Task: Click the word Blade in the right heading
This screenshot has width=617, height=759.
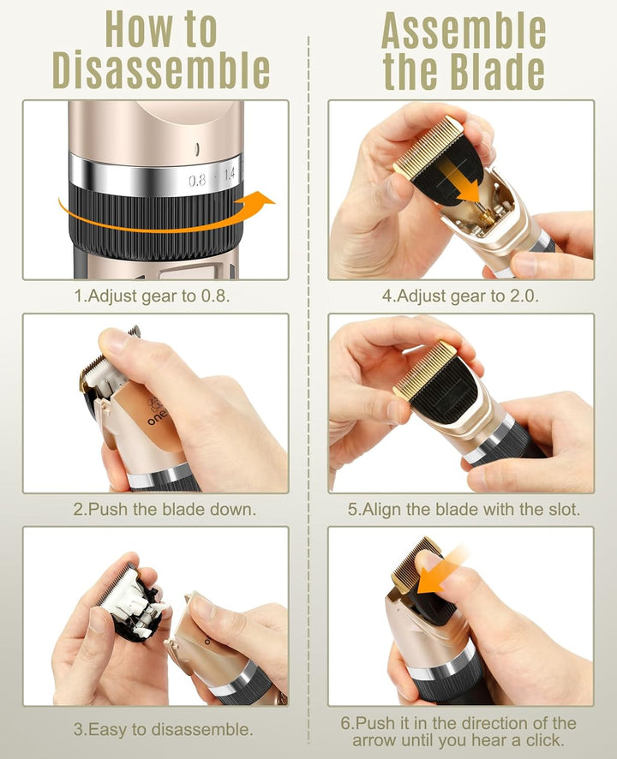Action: tap(497, 71)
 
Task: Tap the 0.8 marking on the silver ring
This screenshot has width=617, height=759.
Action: tap(197, 181)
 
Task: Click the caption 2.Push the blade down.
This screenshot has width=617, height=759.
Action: tap(164, 509)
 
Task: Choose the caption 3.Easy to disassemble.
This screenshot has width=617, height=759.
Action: tap(163, 730)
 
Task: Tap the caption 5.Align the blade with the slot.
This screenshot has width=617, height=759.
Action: tap(464, 509)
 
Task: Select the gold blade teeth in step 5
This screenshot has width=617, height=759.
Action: tap(424, 368)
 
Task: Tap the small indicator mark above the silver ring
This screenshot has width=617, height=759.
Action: tap(198, 147)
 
